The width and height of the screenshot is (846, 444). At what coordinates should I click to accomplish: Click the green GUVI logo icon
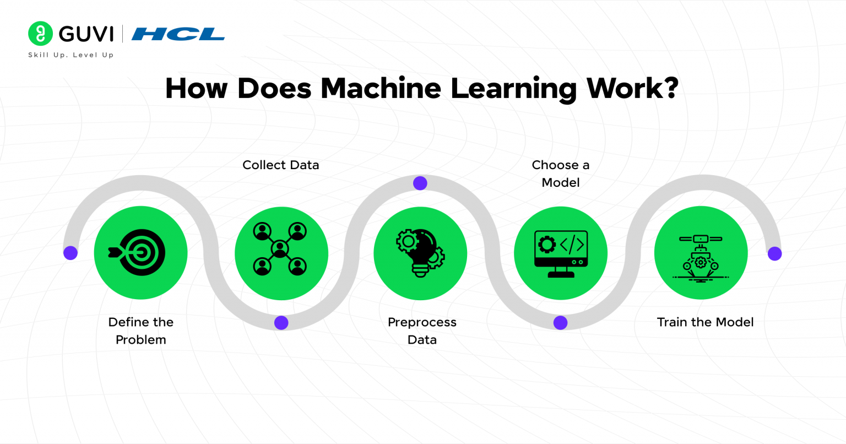pyautogui.click(x=40, y=34)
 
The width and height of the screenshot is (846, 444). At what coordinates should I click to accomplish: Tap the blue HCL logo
pyautogui.click(x=178, y=34)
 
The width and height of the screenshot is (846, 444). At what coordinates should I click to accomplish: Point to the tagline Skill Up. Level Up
pyautogui.click(x=71, y=55)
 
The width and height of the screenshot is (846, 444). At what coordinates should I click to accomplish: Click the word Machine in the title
pyautogui.click(x=381, y=88)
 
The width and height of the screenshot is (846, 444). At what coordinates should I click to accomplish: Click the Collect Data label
pyautogui.click(x=281, y=165)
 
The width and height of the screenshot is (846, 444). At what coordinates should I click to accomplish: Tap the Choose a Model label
pyautogui.click(x=561, y=174)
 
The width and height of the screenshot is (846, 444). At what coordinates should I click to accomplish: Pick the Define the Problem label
pyautogui.click(x=141, y=331)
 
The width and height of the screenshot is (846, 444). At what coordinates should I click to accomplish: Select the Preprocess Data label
pyautogui.click(x=422, y=331)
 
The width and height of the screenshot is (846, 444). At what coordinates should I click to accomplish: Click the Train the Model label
pyautogui.click(x=705, y=322)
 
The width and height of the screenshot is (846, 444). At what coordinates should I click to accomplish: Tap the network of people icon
pyautogui.click(x=280, y=248)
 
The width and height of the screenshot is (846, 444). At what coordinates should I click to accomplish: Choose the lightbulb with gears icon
pyautogui.click(x=420, y=253)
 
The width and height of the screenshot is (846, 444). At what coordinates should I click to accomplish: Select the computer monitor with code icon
pyautogui.click(x=561, y=253)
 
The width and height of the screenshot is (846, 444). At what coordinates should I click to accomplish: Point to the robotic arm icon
pyautogui.click(x=701, y=257)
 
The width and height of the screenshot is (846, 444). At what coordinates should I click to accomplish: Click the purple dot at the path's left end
pyautogui.click(x=70, y=253)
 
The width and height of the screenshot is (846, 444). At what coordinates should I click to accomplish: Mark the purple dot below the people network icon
pyautogui.click(x=281, y=323)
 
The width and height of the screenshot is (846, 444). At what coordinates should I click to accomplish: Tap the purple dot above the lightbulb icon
pyautogui.click(x=420, y=183)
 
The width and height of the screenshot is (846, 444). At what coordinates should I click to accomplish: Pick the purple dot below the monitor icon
pyautogui.click(x=561, y=323)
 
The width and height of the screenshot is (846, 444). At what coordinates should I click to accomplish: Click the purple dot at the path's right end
pyautogui.click(x=775, y=253)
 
